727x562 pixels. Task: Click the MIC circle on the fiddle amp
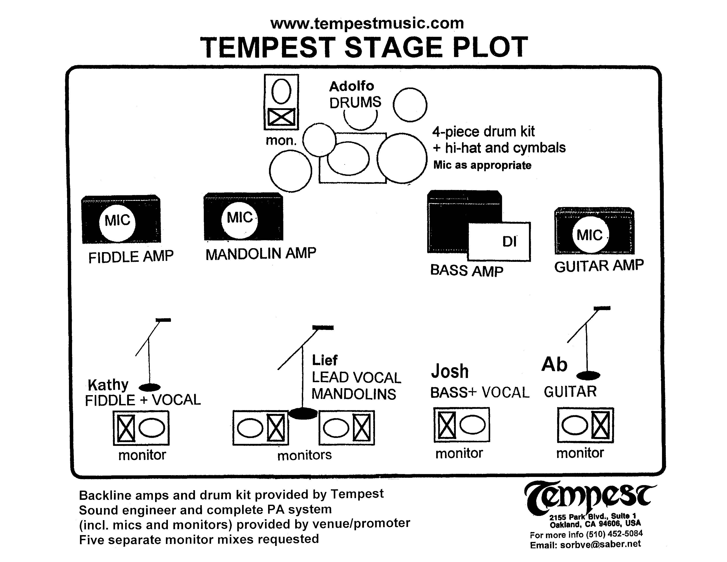pos(117,222)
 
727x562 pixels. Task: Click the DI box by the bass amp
pos(499,241)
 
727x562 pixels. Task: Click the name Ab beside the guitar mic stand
pos(554,364)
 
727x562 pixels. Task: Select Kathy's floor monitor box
pos(141,428)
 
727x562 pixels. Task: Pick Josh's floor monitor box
pos(462,425)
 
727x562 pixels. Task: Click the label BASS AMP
pos(466,270)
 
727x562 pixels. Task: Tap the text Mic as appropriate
pos(482,165)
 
